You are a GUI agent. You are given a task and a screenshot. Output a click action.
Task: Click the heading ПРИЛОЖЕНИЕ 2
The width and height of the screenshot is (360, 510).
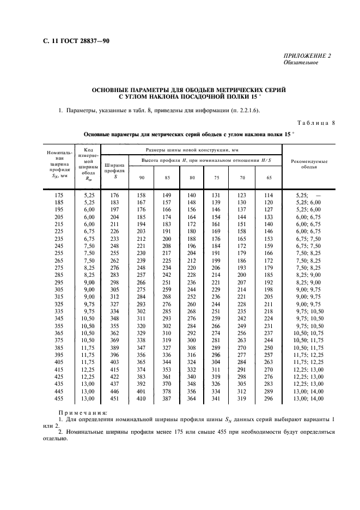pos(307,56)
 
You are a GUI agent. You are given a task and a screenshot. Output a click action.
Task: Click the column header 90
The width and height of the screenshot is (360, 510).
pos(142,177)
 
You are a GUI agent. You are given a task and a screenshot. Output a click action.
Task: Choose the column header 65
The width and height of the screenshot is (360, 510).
pos(269,177)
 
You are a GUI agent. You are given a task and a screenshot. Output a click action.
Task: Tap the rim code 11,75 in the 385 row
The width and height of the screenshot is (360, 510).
pos(88,348)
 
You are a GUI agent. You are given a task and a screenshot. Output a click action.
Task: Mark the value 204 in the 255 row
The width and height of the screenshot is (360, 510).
pos(191,253)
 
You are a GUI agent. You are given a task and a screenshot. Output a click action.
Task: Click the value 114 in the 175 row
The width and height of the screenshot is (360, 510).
pos(269,195)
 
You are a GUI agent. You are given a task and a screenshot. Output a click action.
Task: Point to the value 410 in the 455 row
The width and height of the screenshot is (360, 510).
pos(142,399)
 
